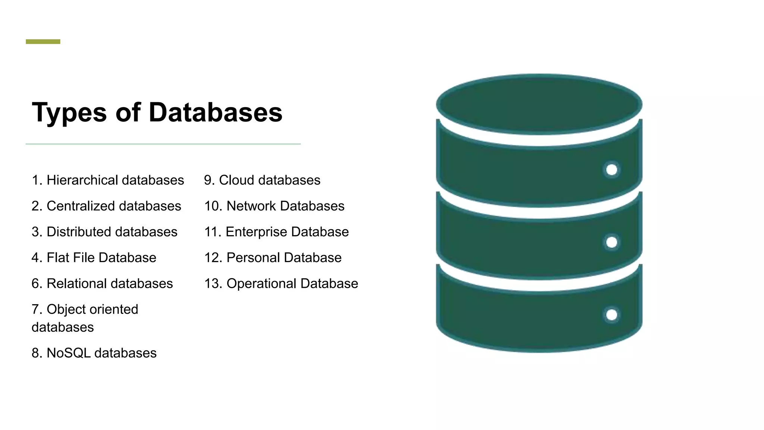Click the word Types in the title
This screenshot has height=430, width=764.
[x=69, y=113]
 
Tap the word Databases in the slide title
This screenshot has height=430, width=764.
[x=215, y=112]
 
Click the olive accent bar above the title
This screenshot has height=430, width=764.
[x=43, y=42]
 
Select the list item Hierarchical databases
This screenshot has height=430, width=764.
[x=108, y=180]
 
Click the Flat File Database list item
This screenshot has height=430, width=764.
[x=94, y=258]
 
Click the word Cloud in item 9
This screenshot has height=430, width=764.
[x=236, y=180]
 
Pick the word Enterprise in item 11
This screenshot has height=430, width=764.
[x=256, y=232]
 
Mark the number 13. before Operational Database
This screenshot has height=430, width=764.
[x=213, y=284]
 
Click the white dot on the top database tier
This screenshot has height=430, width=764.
[x=611, y=170]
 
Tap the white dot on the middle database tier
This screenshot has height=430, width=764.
[x=611, y=242]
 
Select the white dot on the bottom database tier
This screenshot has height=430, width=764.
[x=611, y=315]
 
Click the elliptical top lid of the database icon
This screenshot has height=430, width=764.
[x=539, y=104]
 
